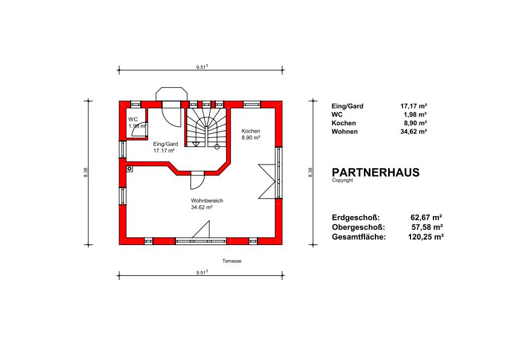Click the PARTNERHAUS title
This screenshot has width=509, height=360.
[375, 172]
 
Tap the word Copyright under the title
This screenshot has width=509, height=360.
[343, 180]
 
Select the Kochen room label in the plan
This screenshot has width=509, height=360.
[251, 131]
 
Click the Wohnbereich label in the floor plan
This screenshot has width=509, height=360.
[207, 201]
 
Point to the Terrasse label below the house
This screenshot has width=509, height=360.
[232, 261]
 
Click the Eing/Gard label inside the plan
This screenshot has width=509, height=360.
[166, 144]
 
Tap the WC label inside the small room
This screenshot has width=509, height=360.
[133, 120]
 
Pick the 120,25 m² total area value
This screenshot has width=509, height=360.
[426, 237]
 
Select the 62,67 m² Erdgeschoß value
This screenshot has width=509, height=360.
[426, 217]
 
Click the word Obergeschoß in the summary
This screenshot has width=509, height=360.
[358, 227]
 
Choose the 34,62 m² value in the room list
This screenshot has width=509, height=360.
[413, 131]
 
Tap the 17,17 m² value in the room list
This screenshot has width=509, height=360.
[413, 106]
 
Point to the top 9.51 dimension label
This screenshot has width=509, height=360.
[202, 67]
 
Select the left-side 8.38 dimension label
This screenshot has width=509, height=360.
[86, 172]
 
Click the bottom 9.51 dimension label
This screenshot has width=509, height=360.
[202, 273]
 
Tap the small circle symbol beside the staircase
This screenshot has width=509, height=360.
[217, 147]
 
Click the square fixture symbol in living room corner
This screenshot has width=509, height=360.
[129, 169]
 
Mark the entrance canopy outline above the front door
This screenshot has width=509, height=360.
[172, 94]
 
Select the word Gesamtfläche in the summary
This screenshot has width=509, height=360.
[358, 237]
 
